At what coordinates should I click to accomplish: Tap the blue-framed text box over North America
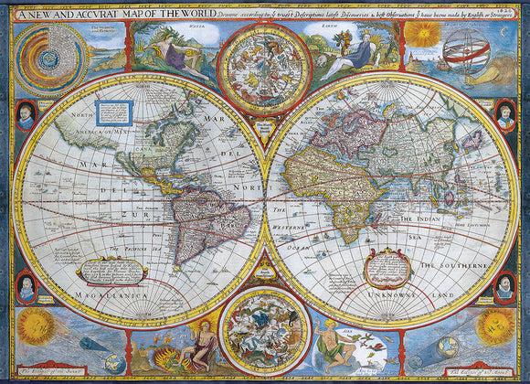pos(115,113)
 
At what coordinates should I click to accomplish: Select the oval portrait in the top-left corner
pos(26,115)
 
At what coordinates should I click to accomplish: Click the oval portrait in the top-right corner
pos(504,115)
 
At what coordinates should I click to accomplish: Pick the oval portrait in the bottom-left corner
pos(26,287)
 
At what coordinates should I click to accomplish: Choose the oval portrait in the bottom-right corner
pos(504,287)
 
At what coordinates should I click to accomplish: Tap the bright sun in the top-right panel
pos(421,35)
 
